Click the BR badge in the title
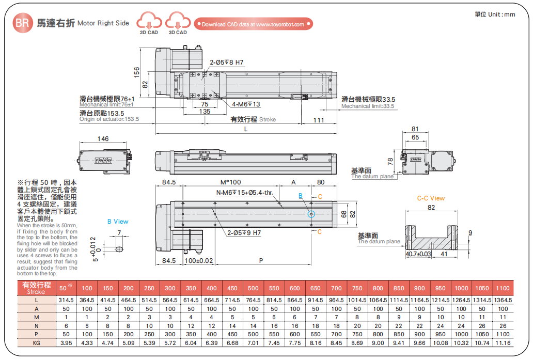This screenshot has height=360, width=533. tap(21, 23)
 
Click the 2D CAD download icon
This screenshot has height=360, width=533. tap(149, 23)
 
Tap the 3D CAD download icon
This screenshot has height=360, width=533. tap(178, 23)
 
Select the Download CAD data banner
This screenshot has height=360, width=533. tap(253, 24)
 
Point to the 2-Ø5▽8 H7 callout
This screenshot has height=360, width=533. tap(226, 62)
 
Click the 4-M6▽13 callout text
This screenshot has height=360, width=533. tap(246, 104)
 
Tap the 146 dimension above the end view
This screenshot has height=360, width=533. tap(103, 138)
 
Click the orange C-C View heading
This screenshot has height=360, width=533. tap(431, 198)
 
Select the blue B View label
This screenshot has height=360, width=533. tap(118, 222)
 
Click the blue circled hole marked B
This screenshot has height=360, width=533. tap(311, 214)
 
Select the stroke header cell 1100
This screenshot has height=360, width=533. tap(503, 288)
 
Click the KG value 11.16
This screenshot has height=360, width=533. tap(503, 342)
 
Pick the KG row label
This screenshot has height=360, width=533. tap(36, 342)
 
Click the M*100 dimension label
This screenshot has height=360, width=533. tap(230, 182)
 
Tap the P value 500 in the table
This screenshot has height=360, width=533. tap(253, 334)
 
